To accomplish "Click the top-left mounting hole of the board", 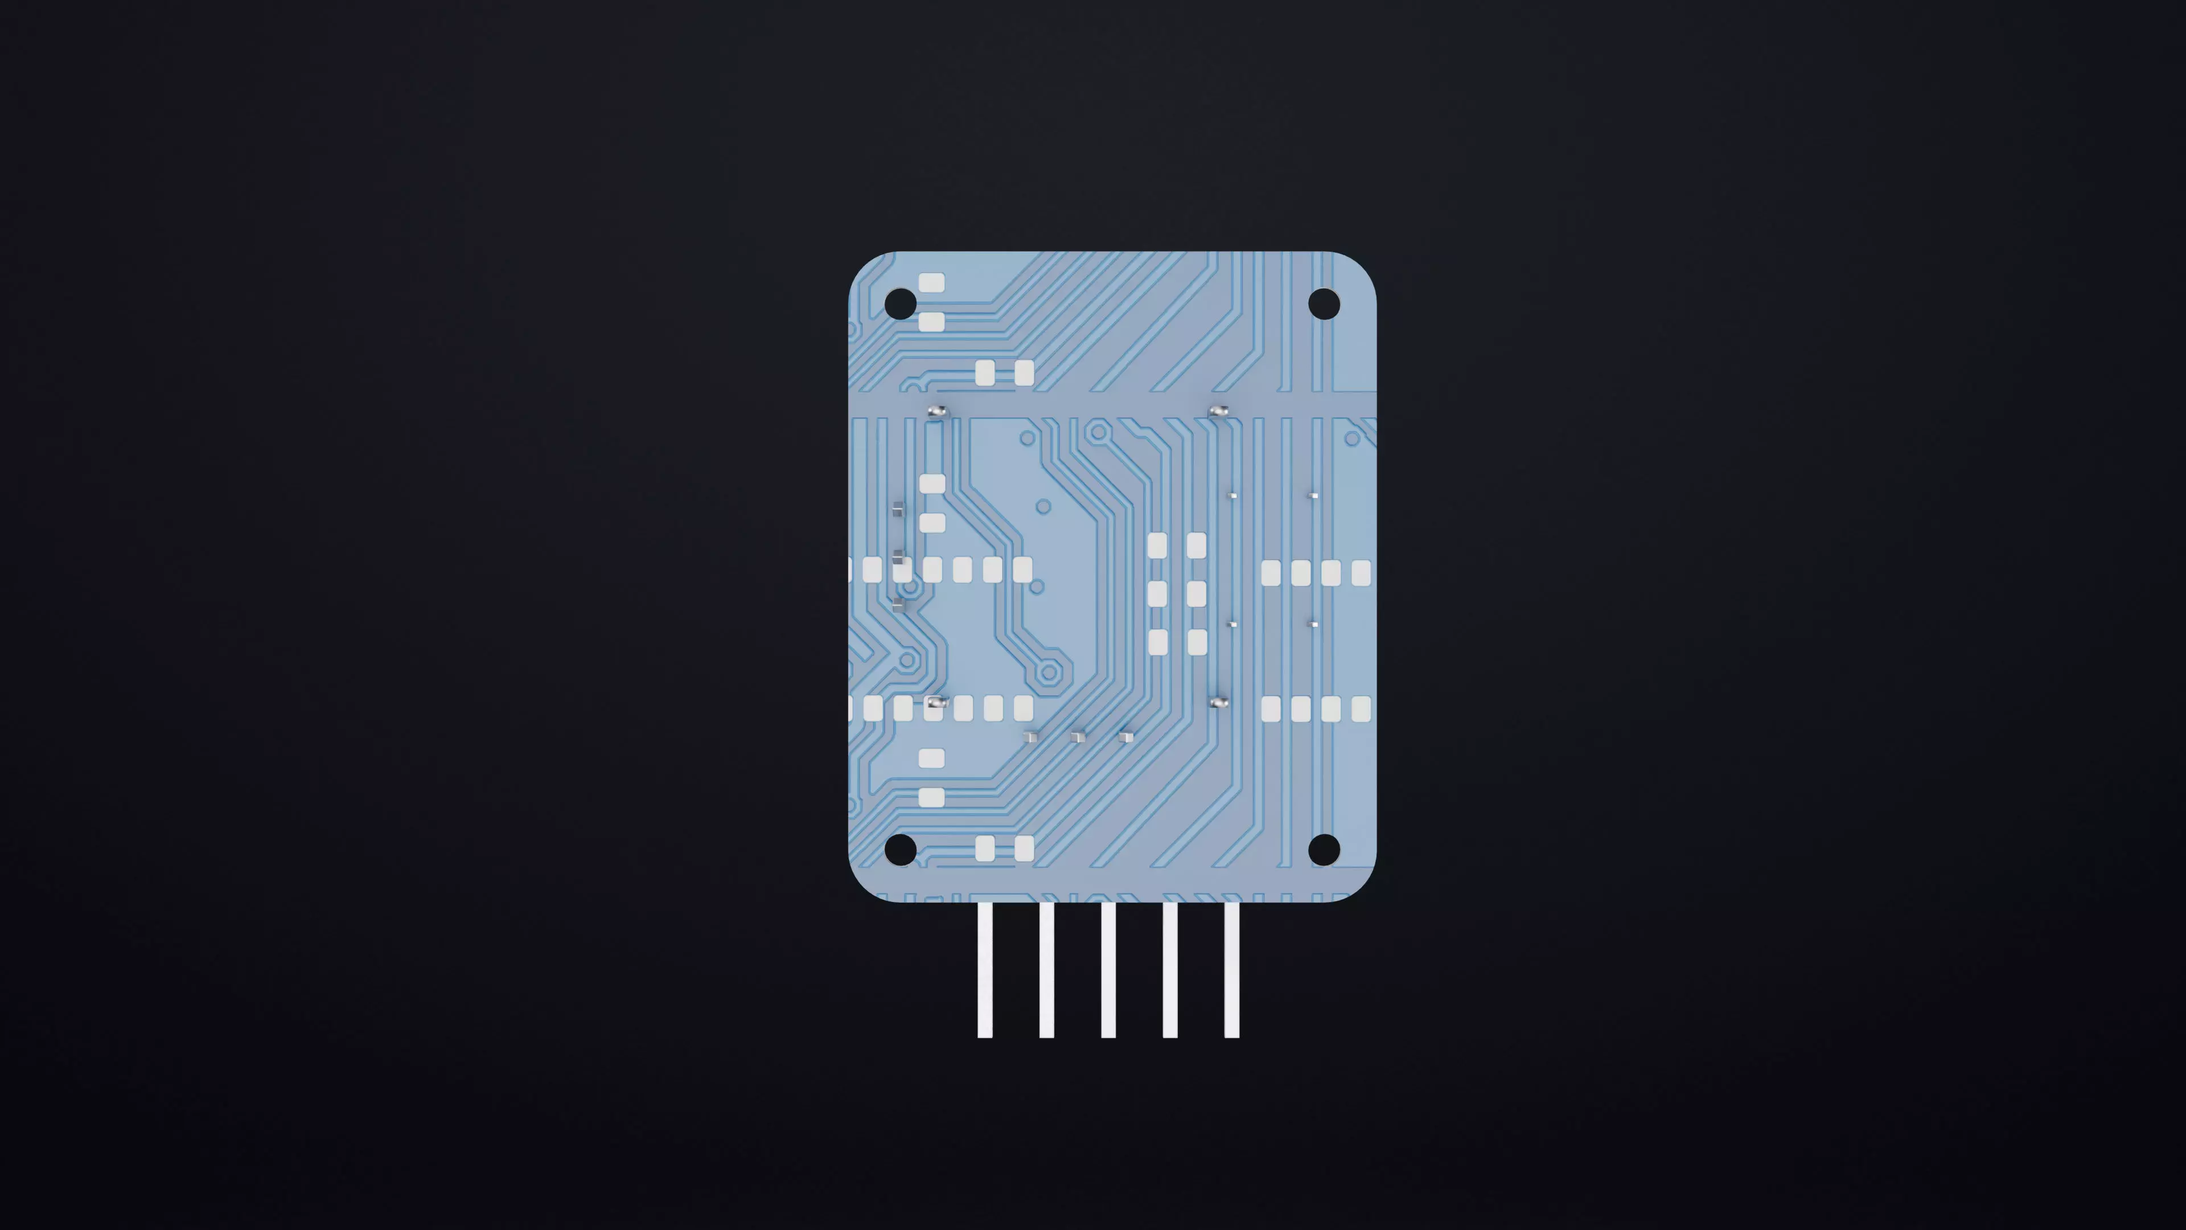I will (x=901, y=303).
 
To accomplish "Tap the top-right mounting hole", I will (x=1324, y=303).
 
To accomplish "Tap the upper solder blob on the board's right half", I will (x=1219, y=411).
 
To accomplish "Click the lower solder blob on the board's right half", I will (x=1219, y=703).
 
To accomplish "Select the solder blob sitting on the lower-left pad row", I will (x=936, y=703).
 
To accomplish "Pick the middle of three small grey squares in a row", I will (x=1078, y=737).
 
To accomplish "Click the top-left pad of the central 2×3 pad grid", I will (x=1157, y=545).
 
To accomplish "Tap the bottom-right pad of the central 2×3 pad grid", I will (x=1197, y=642).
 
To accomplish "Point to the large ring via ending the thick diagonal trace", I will (x=1049, y=673).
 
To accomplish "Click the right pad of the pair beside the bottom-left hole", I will (x=1024, y=848).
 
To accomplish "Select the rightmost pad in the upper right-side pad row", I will (x=1361, y=573).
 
